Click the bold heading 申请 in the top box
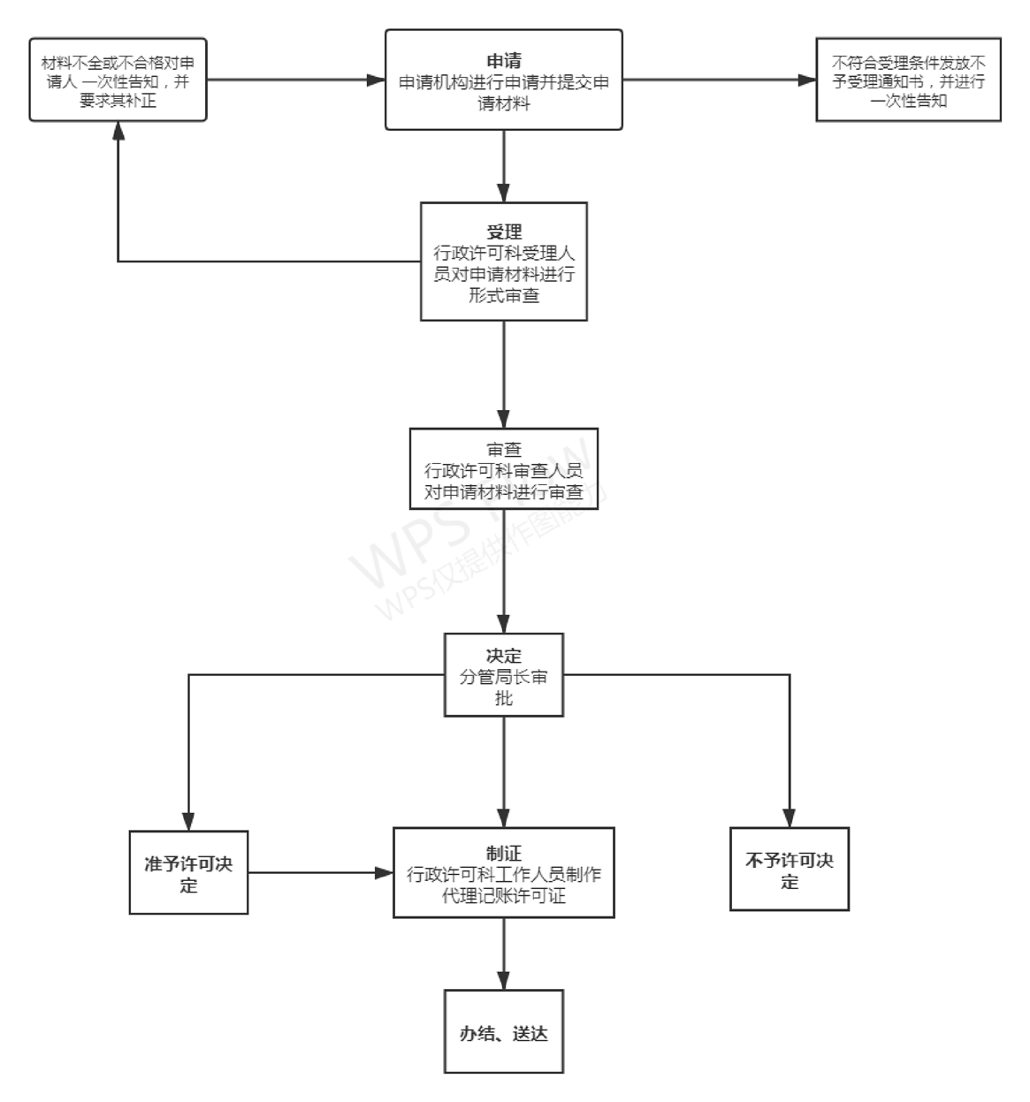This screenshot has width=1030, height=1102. pyautogui.click(x=504, y=61)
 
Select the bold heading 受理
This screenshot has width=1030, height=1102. pyautogui.click(x=504, y=232)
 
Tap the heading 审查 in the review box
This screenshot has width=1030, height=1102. pyautogui.click(x=504, y=450)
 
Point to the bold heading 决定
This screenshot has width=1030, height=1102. pyautogui.click(x=504, y=656)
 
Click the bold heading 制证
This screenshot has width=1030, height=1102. pyautogui.click(x=504, y=853)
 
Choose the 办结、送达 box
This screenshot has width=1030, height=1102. pyautogui.click(x=504, y=1032)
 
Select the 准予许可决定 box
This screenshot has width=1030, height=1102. pyautogui.click(x=188, y=872)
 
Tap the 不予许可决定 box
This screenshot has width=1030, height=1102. pyautogui.click(x=790, y=870)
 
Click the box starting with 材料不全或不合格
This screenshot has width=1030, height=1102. pyautogui.click(x=118, y=80)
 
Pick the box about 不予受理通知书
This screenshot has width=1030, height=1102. pyautogui.click(x=908, y=80)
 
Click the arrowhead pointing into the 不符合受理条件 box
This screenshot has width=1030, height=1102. pyautogui.click(x=806, y=80)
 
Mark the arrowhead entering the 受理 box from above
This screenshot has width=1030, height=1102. pyautogui.click(x=504, y=194)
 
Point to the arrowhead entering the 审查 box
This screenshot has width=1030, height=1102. pyautogui.click(x=504, y=419)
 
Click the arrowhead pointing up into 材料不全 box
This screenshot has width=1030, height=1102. pyautogui.click(x=118, y=131)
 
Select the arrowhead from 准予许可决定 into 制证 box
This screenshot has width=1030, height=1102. pyautogui.click(x=384, y=873)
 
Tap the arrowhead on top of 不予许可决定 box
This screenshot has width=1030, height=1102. pyautogui.click(x=790, y=818)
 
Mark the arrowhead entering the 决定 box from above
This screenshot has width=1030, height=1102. pyautogui.click(x=504, y=624)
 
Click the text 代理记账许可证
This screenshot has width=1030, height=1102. pyautogui.click(x=504, y=895)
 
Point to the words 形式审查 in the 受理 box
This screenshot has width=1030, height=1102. pyautogui.click(x=504, y=295)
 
